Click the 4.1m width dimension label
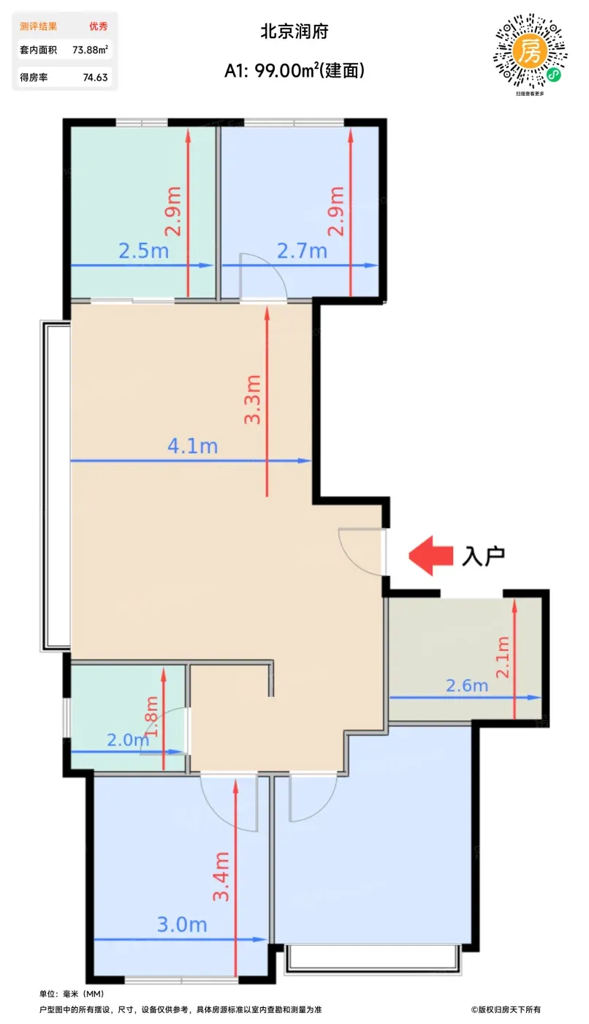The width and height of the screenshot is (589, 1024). [x=192, y=446]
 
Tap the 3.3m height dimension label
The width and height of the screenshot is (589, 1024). [x=253, y=399]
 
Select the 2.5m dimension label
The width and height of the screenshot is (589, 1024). [x=144, y=251]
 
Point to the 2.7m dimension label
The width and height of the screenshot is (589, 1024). [x=303, y=251]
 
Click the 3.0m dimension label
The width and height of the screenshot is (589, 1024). [x=182, y=925]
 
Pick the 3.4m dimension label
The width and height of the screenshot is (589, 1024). [x=221, y=876]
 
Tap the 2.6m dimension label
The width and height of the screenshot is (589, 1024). [x=467, y=686]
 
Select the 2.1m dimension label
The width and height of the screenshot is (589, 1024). [x=503, y=657]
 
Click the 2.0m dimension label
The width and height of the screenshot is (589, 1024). [x=129, y=739]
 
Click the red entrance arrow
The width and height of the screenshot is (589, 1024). [x=430, y=555]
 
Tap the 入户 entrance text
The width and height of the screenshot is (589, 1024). [x=484, y=556]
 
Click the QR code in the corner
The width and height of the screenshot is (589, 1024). [x=530, y=51]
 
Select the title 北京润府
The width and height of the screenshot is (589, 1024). [x=294, y=31]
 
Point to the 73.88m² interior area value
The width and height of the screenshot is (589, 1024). [x=91, y=50]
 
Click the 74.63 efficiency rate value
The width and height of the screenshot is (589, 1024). [x=96, y=78]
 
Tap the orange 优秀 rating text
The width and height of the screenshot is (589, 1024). [x=98, y=26]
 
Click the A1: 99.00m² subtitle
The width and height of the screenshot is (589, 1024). [x=294, y=70]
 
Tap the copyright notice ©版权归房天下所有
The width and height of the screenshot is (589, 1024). [x=506, y=1009]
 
